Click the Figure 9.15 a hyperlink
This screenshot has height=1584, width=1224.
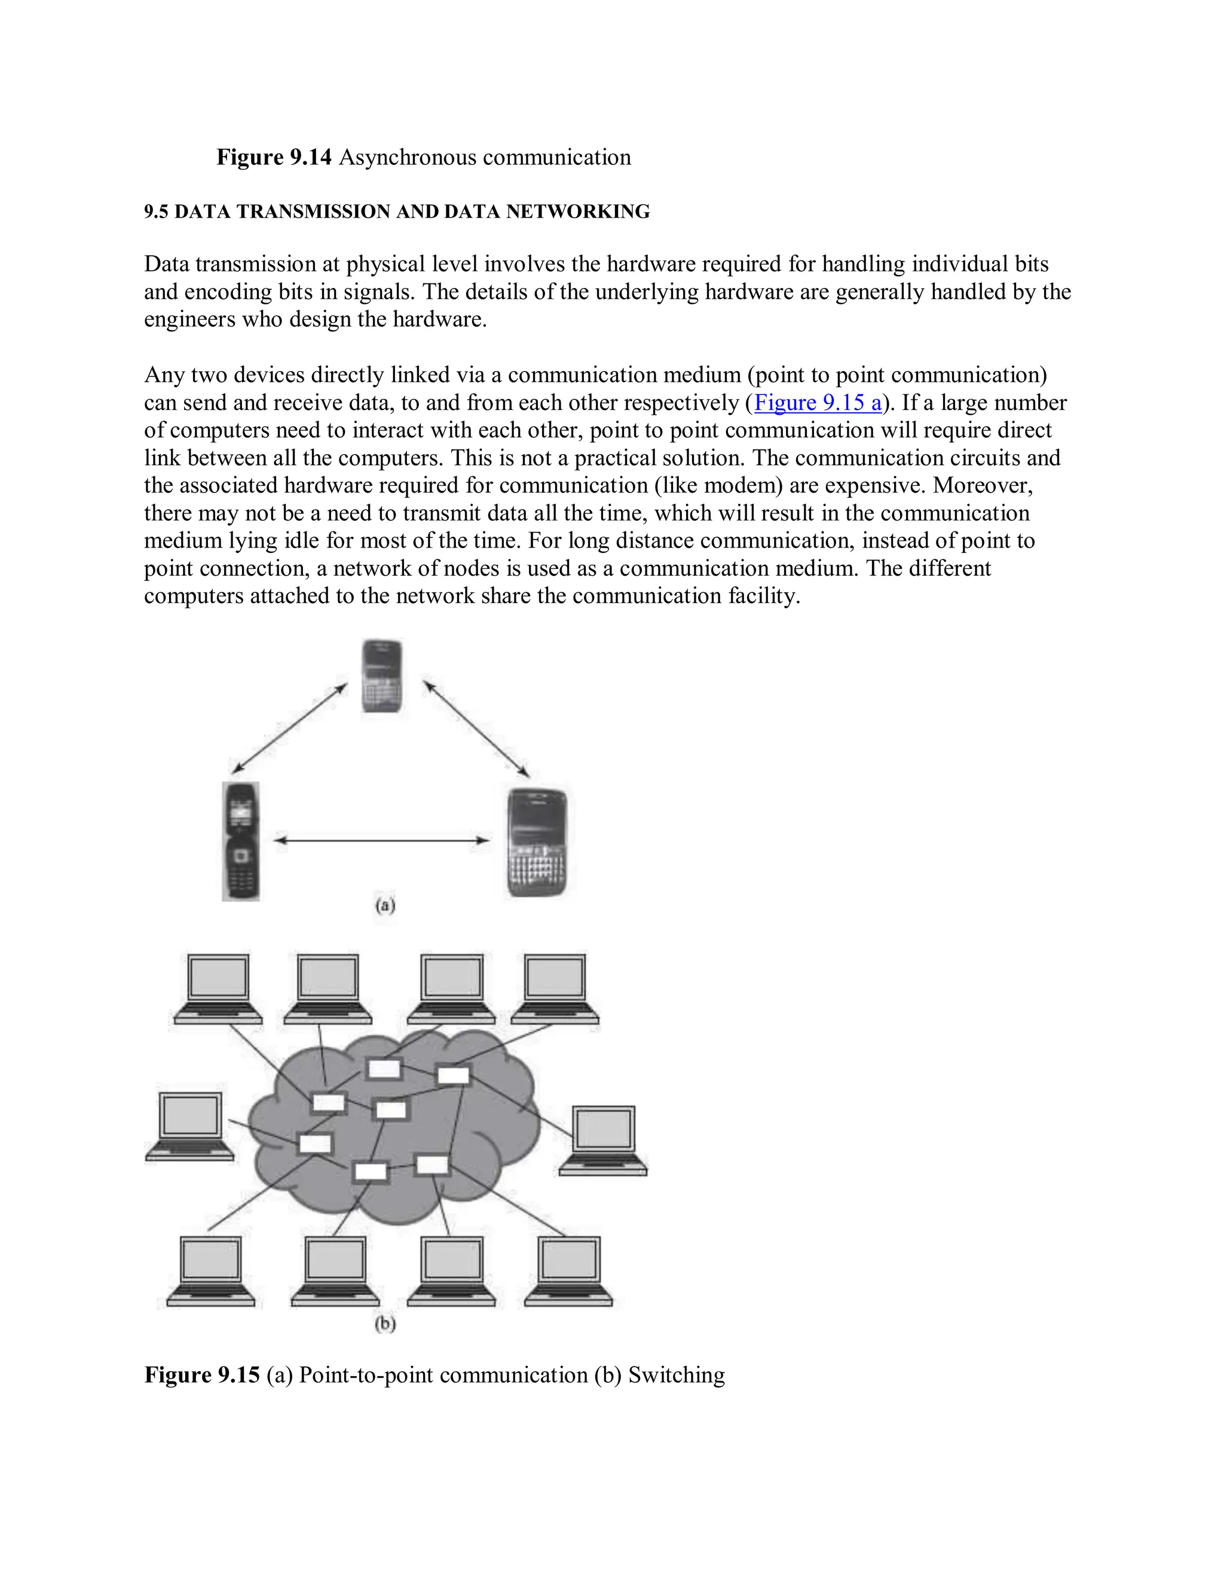817,402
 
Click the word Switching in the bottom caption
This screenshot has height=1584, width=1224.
676,1374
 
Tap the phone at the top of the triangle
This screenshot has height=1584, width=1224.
382,676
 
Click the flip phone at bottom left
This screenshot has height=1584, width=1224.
241,842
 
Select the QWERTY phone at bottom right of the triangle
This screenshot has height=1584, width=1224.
537,843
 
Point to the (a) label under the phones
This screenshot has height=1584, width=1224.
385,905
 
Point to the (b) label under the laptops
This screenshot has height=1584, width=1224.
385,1323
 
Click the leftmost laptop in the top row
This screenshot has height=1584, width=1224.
218,989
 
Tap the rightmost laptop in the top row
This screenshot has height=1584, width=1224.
555,989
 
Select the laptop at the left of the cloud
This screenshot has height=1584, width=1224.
190,1126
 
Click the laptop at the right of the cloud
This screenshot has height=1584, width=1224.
603,1140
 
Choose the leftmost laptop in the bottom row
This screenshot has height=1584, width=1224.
210,1271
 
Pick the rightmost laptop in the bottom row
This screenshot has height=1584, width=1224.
568,1271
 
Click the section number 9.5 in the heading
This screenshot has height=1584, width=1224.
156,212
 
